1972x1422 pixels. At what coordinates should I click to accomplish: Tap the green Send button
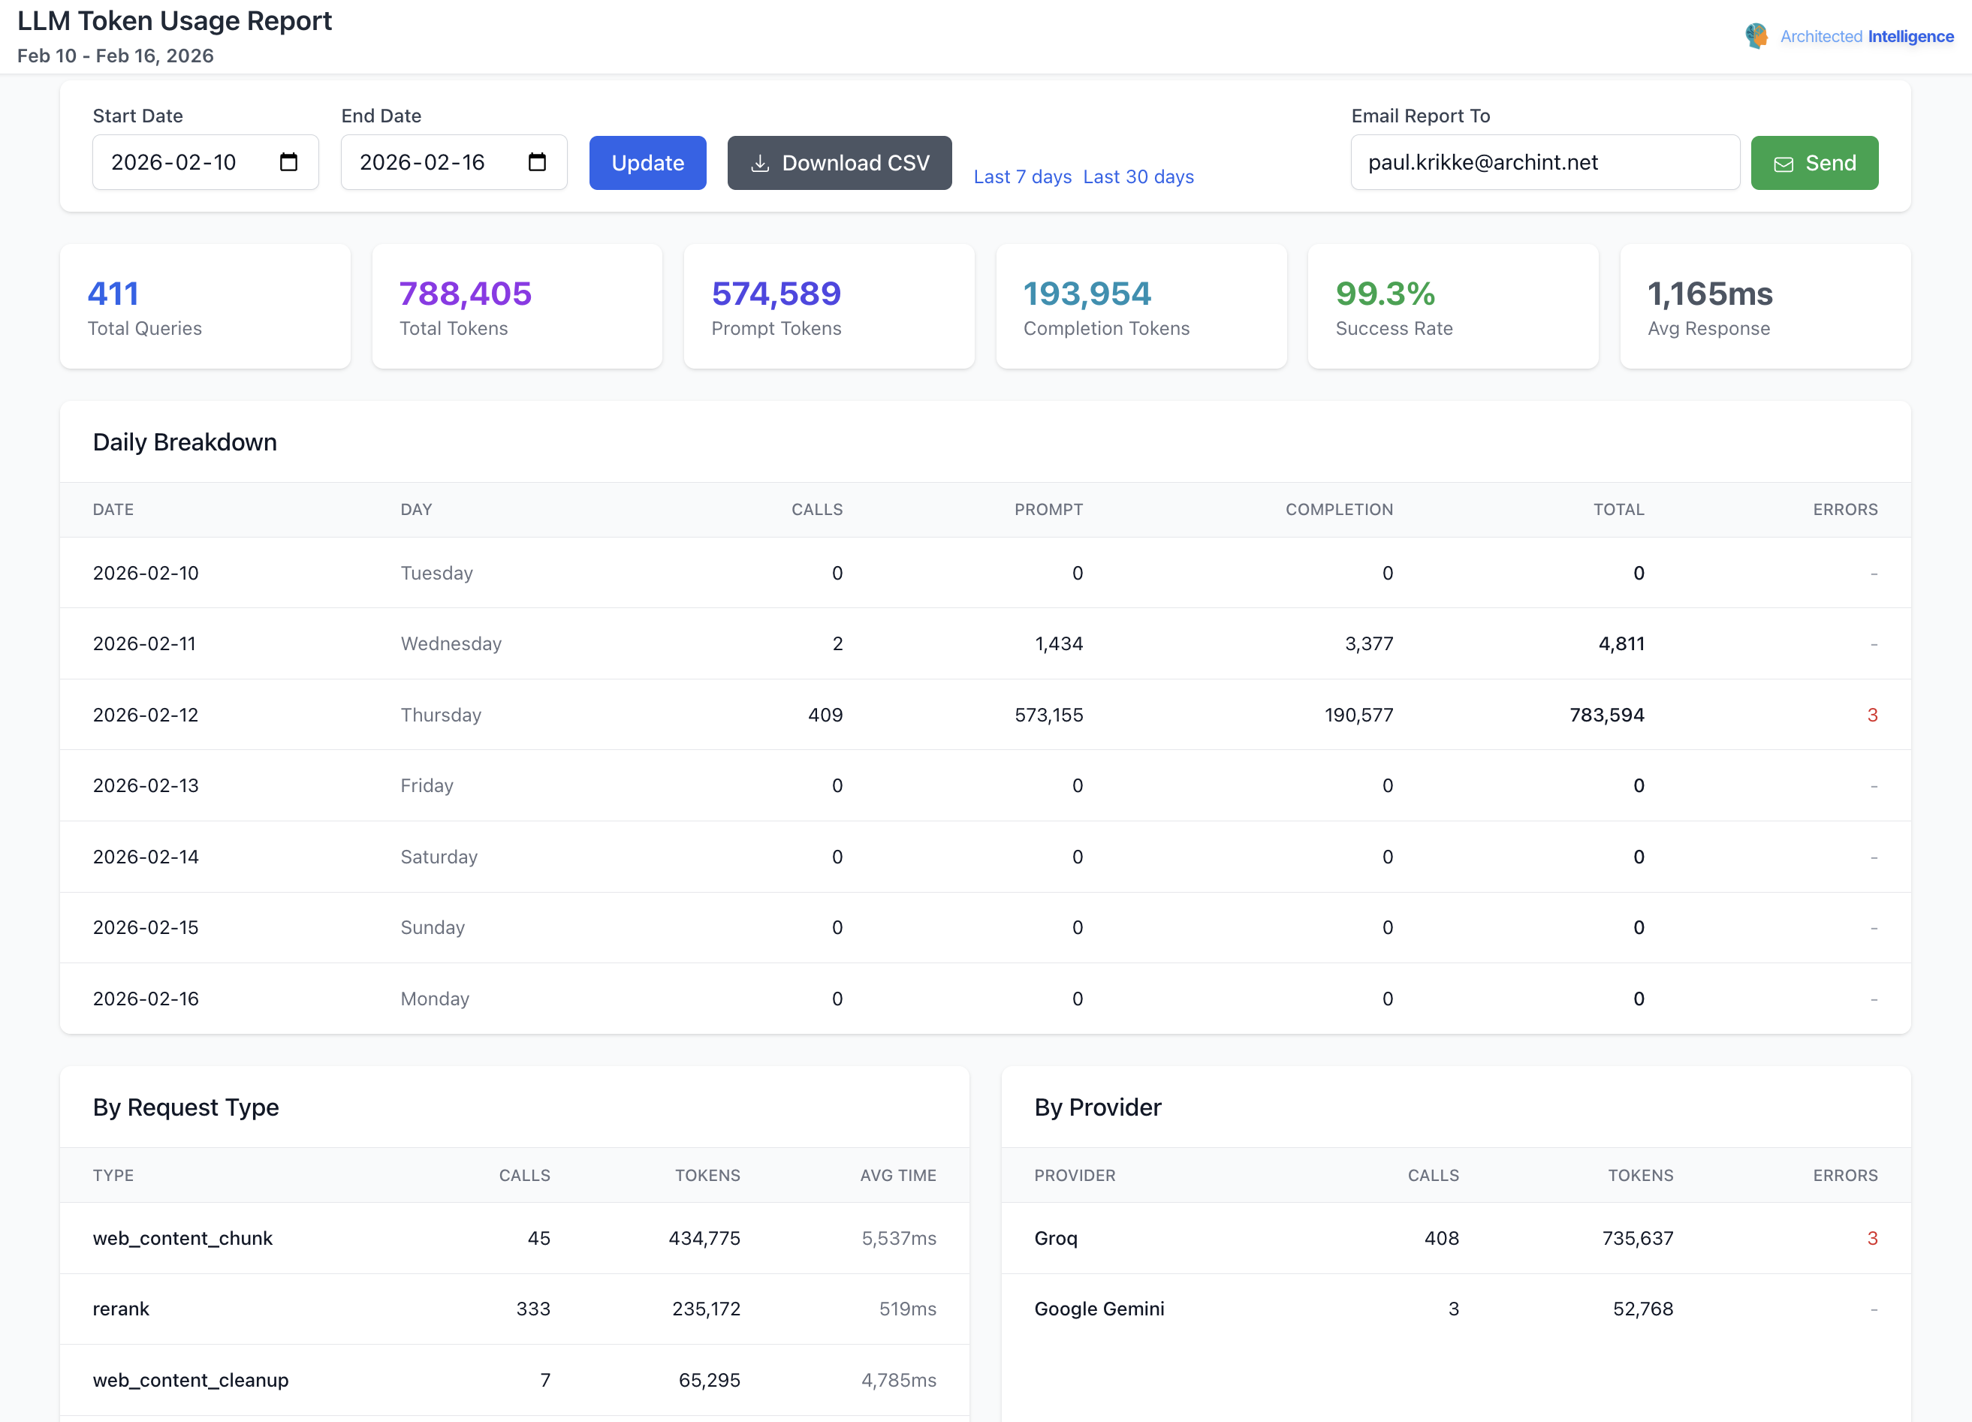point(1814,162)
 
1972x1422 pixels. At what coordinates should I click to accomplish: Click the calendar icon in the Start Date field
point(288,162)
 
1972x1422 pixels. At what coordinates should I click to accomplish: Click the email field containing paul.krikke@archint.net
point(1543,162)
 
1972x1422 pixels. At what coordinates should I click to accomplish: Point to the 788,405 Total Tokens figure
point(464,294)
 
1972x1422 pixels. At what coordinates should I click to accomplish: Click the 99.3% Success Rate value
point(1384,294)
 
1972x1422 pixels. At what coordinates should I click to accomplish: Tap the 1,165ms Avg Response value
point(1708,294)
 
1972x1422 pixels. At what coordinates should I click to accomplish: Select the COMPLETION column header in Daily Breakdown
point(1338,509)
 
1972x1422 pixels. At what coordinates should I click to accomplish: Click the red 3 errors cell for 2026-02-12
point(1871,715)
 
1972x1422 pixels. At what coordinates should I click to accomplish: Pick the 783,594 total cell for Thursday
point(1606,715)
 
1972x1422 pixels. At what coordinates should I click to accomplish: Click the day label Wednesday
point(451,643)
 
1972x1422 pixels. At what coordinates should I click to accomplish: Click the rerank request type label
point(121,1308)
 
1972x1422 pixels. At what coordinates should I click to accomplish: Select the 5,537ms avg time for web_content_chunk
point(898,1238)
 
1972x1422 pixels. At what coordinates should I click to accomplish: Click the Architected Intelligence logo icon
point(1756,35)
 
